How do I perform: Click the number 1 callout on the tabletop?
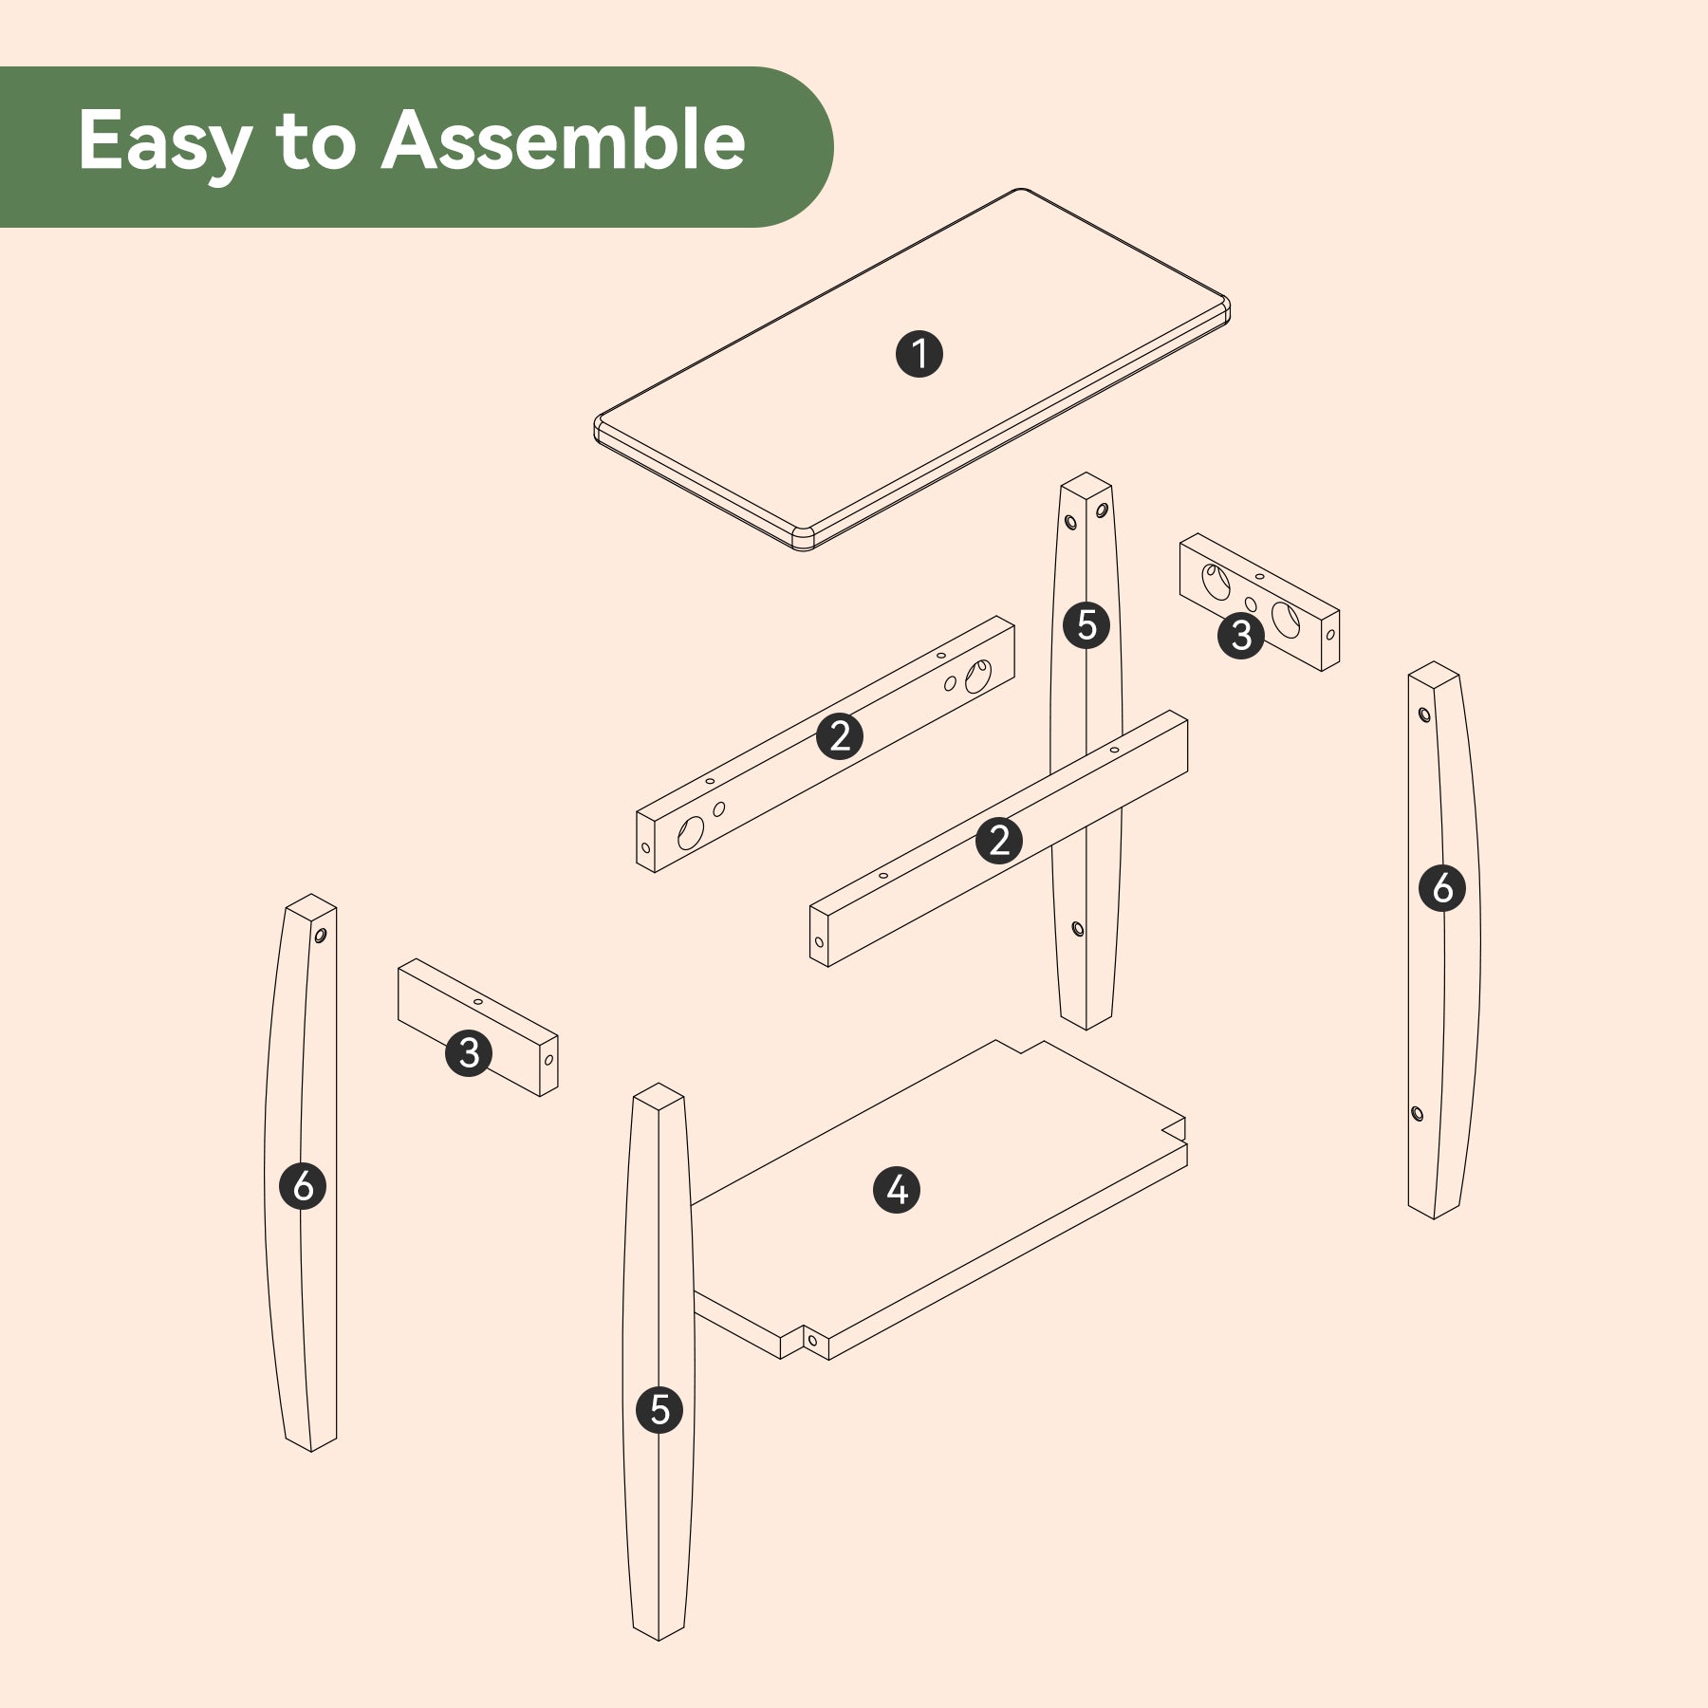click(919, 354)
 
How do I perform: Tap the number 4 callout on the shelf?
click(897, 1190)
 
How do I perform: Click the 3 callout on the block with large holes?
click(1241, 635)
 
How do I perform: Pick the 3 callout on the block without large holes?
click(469, 1052)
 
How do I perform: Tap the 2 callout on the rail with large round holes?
click(840, 735)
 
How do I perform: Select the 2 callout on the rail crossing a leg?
click(999, 840)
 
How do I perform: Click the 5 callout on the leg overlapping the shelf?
click(659, 1409)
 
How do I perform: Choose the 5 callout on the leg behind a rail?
click(1086, 625)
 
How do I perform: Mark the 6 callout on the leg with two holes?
click(1442, 887)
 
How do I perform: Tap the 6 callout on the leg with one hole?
click(303, 1185)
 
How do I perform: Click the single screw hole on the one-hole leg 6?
click(320, 936)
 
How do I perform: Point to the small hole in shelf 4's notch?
click(813, 1340)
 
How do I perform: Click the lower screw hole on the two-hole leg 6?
click(1418, 1113)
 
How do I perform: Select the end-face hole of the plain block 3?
click(548, 1060)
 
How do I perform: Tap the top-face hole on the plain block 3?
click(478, 1001)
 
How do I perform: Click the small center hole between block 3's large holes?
click(1251, 604)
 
